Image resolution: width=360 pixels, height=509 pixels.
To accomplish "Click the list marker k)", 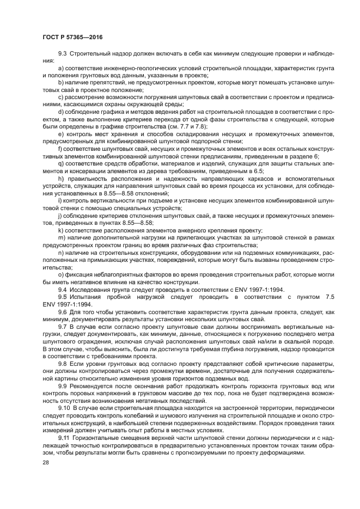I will coord(62,231).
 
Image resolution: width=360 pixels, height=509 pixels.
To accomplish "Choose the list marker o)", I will coord(62,275).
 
